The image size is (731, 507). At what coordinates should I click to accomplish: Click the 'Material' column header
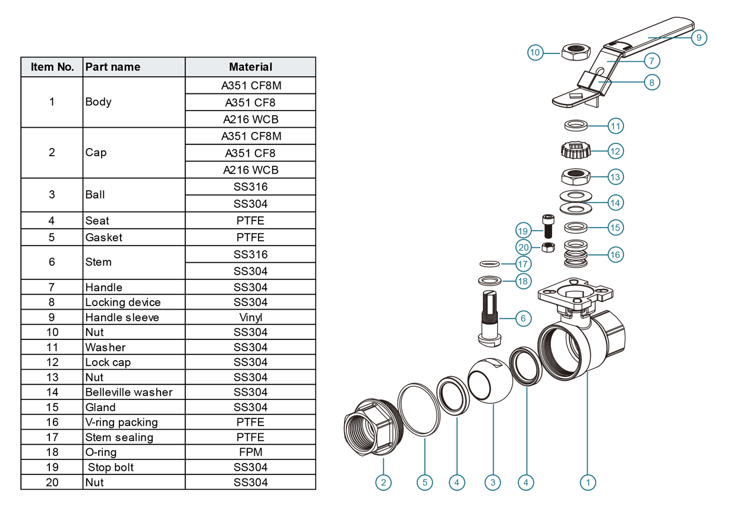[x=250, y=67]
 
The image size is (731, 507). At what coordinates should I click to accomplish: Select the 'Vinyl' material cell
[x=250, y=317]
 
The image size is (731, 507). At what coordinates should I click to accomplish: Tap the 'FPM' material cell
[x=250, y=452]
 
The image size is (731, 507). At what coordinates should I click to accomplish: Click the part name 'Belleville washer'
[x=128, y=392]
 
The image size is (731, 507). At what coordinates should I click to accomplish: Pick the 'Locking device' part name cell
[x=122, y=302]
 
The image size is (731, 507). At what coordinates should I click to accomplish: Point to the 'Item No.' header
[x=52, y=67]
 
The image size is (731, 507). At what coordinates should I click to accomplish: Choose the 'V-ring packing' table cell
[x=121, y=422]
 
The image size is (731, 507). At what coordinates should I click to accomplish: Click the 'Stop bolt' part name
[x=110, y=467]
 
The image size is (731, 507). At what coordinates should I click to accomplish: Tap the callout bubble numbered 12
[x=615, y=151]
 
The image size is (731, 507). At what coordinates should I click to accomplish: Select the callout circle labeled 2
[x=383, y=482]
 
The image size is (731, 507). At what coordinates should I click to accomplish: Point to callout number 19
[x=523, y=231]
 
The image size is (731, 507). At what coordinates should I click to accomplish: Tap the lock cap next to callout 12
[x=576, y=150]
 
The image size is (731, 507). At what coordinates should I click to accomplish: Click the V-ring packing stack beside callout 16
[x=576, y=254]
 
